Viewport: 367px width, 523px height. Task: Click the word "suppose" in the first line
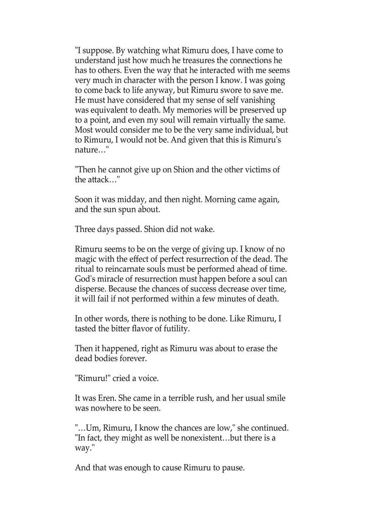(96, 50)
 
